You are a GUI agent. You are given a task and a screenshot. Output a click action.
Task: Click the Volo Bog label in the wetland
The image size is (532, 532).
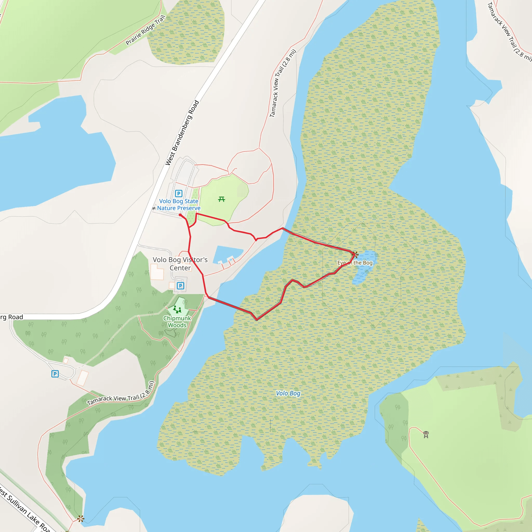[x=288, y=393]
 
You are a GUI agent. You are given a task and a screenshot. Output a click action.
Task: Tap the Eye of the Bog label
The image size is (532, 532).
[x=355, y=263]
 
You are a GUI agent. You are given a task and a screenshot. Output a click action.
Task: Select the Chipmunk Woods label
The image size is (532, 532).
[x=177, y=322]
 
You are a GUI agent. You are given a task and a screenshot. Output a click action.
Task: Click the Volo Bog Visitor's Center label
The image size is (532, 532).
[x=180, y=264]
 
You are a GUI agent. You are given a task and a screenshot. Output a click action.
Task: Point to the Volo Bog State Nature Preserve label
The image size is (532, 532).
[x=179, y=205]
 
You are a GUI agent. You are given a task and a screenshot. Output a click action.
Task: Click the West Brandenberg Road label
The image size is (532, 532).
[x=182, y=133]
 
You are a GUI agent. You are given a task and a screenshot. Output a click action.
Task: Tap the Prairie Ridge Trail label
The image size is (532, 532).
[x=145, y=30]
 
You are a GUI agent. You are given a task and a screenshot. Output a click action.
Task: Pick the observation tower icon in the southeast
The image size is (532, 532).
[x=426, y=435]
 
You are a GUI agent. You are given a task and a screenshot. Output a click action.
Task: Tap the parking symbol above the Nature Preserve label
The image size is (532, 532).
[x=179, y=194]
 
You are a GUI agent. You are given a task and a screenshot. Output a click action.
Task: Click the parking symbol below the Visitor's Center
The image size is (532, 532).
[x=180, y=286]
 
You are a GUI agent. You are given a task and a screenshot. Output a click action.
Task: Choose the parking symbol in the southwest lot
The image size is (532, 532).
[x=55, y=374]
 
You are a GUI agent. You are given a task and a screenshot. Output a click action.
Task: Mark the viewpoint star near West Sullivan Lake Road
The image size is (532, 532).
[x=81, y=519]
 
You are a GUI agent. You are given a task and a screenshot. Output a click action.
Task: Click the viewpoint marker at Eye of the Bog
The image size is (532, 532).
[x=355, y=254]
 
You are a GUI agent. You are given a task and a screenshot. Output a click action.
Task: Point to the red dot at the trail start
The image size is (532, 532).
[x=180, y=215]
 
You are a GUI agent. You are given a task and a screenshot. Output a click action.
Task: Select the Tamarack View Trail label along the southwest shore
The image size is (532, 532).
[x=121, y=393]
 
